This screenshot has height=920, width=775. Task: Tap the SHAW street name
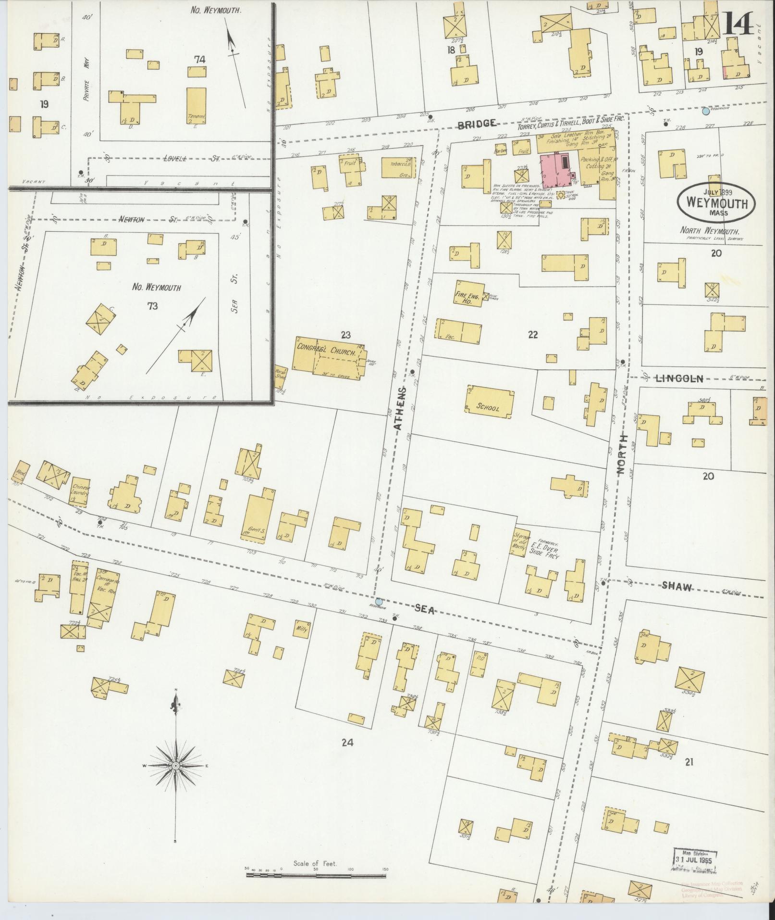(677, 586)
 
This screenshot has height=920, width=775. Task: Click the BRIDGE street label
(476, 124)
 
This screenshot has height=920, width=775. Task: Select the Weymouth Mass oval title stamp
(716, 202)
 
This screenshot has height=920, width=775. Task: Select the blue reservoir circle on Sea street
(379, 601)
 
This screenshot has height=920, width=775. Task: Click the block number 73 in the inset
(153, 306)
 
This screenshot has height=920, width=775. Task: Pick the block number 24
(347, 756)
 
